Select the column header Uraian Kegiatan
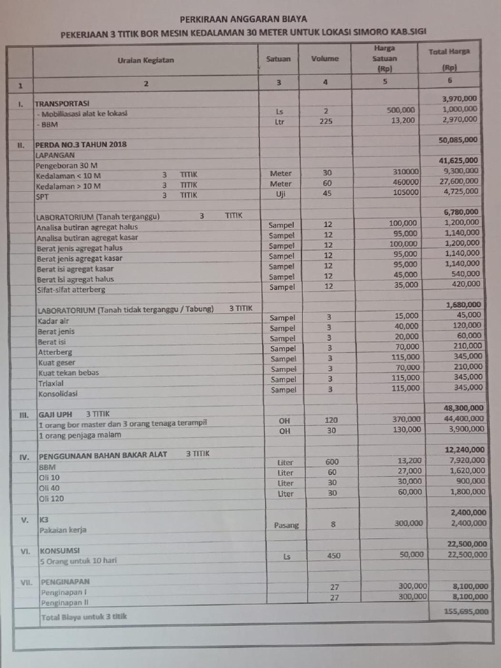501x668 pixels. [x=145, y=61]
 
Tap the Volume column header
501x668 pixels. [x=325, y=59]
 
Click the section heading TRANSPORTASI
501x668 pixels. [x=62, y=104]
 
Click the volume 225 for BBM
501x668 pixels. [x=326, y=121]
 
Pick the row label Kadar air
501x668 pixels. [x=52, y=321]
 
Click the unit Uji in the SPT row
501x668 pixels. [x=281, y=194]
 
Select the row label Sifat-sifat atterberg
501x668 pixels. [x=70, y=289]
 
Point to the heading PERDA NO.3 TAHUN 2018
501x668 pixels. [x=81, y=144]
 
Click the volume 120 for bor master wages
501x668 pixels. [x=331, y=420]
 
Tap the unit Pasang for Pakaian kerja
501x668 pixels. [x=282, y=524]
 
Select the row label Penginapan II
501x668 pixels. [x=63, y=602]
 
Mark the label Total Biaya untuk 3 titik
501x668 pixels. [x=83, y=616]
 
